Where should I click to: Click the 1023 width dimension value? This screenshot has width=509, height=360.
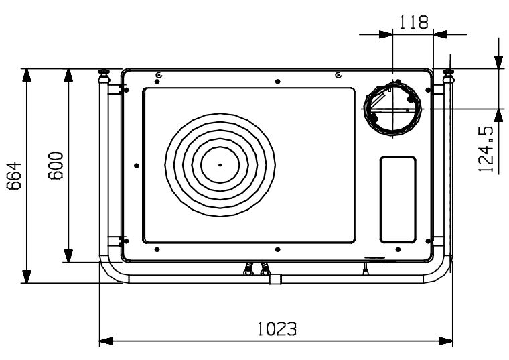click(x=277, y=328)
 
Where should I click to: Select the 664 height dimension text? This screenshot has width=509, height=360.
click(x=14, y=176)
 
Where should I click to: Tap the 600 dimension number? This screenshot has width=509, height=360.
click(x=56, y=166)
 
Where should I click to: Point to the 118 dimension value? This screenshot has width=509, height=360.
click(x=413, y=23)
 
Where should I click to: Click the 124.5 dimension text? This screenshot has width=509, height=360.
click(x=486, y=149)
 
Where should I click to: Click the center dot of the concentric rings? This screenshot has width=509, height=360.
click(x=220, y=165)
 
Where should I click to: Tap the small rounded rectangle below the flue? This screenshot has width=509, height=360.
click(x=398, y=199)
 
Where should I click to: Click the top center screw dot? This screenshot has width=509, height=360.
click(x=277, y=82)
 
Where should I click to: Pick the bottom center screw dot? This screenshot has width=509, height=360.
click(x=277, y=249)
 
